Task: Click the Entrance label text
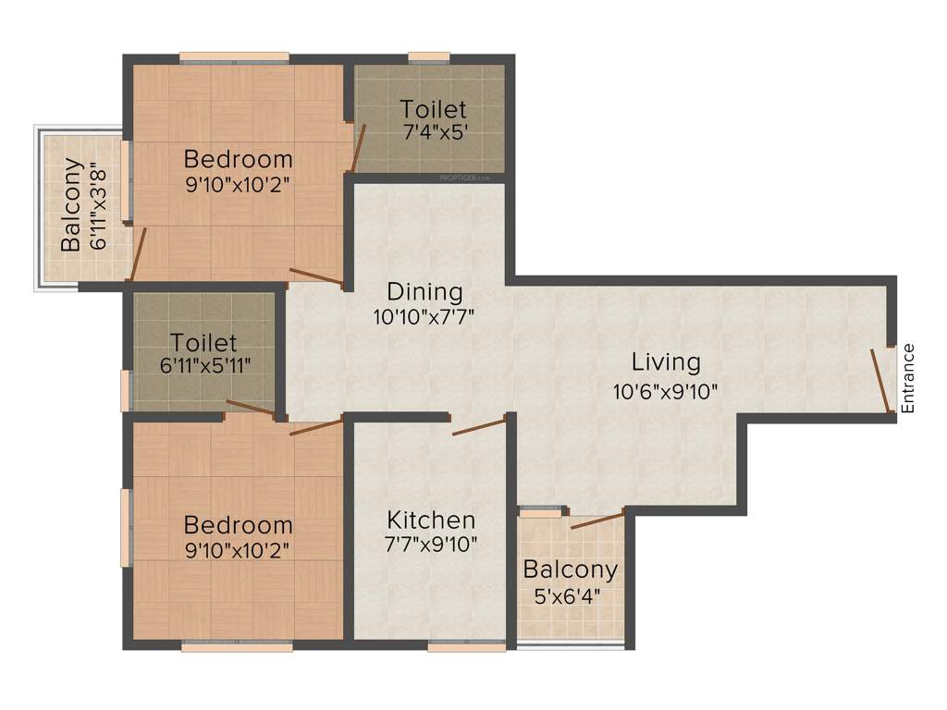pos(908,378)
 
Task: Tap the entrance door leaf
pos(880,380)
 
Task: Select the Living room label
pos(666,361)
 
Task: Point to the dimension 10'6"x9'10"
pos(666,391)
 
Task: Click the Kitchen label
pos(431,520)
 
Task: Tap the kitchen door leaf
pos(479,426)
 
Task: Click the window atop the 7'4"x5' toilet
pos(429,57)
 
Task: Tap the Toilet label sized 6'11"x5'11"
pos(204,344)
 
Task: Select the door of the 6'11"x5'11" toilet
pos(250,409)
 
